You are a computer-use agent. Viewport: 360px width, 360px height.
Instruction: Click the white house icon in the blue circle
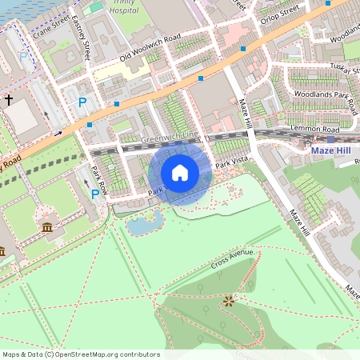(x=179, y=172)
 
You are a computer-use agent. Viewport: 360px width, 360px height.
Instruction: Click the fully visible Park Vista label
(x=232, y=163)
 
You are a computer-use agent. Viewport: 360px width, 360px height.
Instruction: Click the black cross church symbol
(x=9, y=100)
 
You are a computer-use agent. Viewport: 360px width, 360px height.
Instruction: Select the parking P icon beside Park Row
(x=95, y=194)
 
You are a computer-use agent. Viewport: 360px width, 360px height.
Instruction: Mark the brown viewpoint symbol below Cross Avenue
(x=229, y=301)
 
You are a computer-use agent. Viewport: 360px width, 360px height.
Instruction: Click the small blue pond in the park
(x=142, y=226)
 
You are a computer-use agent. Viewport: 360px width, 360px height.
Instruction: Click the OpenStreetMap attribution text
(x=81, y=354)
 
